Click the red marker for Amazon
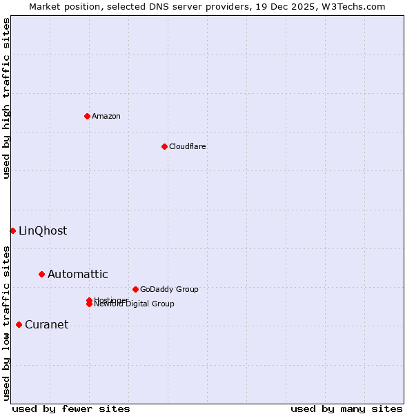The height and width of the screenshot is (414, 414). coord(87,116)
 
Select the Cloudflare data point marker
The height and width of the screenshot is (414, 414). coord(164,146)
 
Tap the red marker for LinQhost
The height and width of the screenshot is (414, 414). coord(12,230)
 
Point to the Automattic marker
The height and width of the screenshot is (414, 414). coord(41,274)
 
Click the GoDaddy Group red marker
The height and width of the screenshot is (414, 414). coord(135,289)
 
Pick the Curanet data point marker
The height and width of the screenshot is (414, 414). coord(19,324)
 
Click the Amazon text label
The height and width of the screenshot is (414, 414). coord(106,116)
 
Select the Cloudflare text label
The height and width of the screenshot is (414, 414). coord(188,146)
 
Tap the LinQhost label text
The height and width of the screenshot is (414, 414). coord(43,230)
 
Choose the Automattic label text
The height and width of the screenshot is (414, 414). coord(78,274)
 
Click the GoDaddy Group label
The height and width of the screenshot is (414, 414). coord(169,289)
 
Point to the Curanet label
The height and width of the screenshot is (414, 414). coord(47,324)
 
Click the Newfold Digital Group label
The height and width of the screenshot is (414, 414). coord(135,304)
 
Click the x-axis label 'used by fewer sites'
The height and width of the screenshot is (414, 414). coord(71,408)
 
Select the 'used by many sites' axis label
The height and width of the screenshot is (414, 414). coord(346,408)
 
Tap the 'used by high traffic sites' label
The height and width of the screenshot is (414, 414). coord(7,98)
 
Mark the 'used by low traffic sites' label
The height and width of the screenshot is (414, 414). coord(7,322)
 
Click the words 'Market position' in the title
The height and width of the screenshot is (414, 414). coord(61,6)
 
